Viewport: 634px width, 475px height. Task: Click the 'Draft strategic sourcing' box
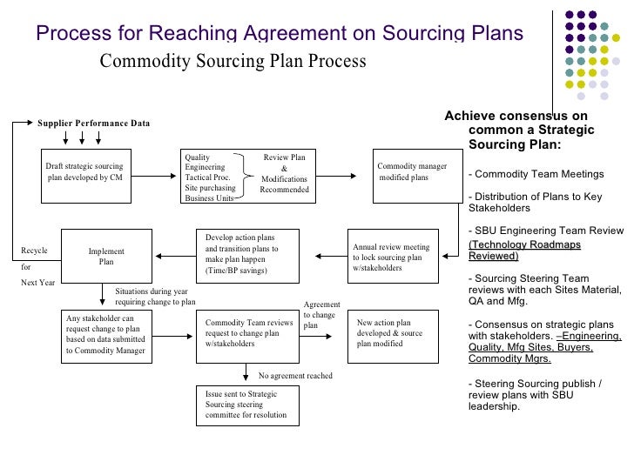coord(85,171)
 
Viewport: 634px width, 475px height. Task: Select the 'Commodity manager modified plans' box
coord(412,171)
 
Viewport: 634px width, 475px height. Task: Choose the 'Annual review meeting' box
coord(392,257)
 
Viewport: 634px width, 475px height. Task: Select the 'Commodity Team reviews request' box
coord(248,332)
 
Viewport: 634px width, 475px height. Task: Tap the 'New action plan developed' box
coord(392,332)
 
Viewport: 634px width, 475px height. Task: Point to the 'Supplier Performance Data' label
coord(93,124)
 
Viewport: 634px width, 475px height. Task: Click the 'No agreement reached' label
coord(296,376)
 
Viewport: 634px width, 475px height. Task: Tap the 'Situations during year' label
coord(155,297)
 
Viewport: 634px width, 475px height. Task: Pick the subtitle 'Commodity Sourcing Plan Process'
coord(233,63)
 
